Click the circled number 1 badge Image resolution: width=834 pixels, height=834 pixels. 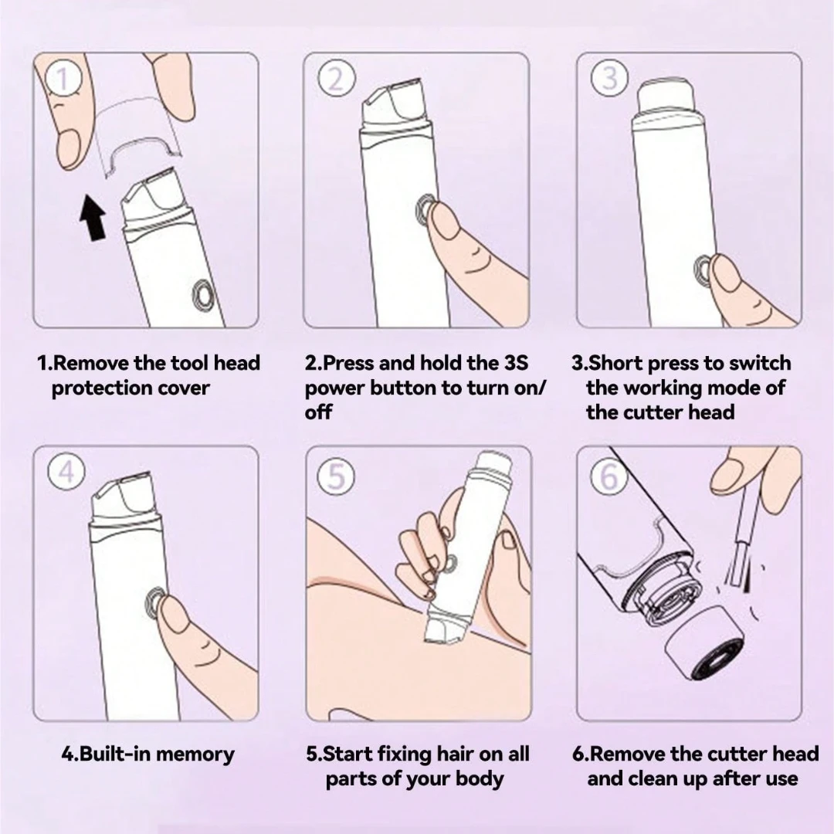point(63,78)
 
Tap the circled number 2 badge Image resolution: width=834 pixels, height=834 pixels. point(336,79)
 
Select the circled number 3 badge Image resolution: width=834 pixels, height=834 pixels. point(609,78)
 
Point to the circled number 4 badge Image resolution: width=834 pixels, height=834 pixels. point(66,471)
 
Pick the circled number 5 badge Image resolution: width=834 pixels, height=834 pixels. point(336,476)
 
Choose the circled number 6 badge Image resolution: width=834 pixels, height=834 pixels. point(609,475)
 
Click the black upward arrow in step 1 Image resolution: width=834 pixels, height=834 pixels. point(93,217)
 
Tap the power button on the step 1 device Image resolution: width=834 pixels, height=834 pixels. point(203,294)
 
